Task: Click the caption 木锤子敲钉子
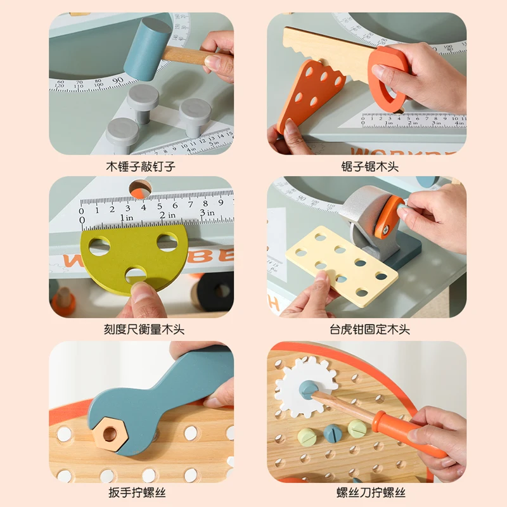click(x=141, y=167)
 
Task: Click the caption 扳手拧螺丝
click(x=141, y=492)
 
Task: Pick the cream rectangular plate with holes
click(x=342, y=263)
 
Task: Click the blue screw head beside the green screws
click(x=333, y=432)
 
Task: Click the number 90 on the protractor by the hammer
click(x=118, y=80)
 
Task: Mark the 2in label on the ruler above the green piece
click(x=167, y=215)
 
